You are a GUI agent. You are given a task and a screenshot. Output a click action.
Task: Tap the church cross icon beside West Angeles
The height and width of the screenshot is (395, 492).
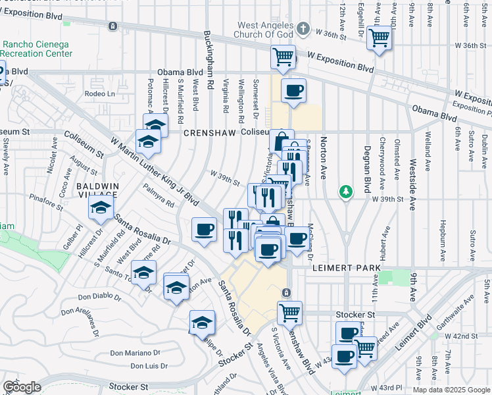(x=303, y=28)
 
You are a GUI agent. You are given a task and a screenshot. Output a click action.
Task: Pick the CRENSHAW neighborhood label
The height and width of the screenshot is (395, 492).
(x=209, y=132)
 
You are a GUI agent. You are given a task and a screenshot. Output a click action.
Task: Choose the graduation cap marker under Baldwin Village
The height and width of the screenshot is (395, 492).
(x=100, y=207)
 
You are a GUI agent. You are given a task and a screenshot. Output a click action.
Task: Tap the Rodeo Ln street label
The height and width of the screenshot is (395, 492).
(x=99, y=94)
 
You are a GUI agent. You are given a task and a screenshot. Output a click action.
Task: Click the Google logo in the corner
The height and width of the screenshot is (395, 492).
(x=22, y=387)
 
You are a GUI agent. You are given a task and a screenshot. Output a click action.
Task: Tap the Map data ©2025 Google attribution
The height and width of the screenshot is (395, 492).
(x=451, y=390)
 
